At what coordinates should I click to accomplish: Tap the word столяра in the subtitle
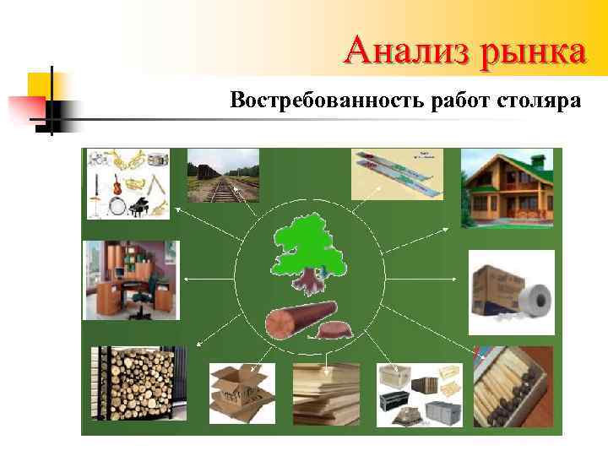[x=540, y=101]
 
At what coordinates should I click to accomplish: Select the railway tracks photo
[x=222, y=176]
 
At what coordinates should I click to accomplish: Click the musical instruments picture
[x=128, y=183]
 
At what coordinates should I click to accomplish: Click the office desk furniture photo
[x=130, y=280]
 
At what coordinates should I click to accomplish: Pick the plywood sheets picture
[x=326, y=394]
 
